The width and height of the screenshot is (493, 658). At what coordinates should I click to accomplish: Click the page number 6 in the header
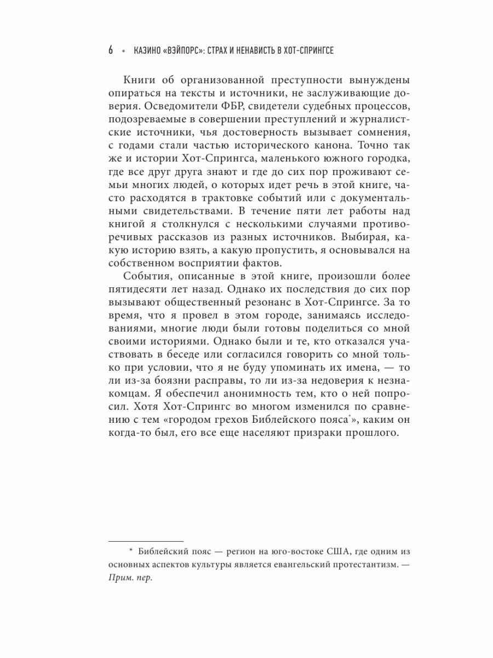(111, 50)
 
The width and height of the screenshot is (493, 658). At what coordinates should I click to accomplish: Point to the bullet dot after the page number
(124, 50)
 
